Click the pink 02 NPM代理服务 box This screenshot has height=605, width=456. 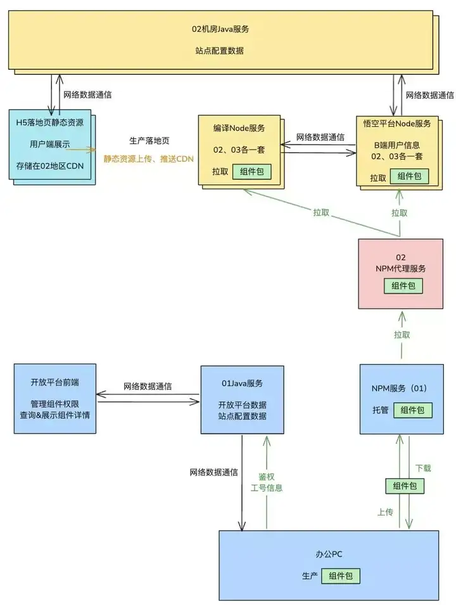[400, 273]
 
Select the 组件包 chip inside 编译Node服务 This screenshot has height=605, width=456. [251, 171]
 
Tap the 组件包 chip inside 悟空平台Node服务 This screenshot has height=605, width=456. [409, 176]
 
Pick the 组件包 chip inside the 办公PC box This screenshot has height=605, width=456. [341, 576]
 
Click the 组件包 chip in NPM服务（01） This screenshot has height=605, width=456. [412, 410]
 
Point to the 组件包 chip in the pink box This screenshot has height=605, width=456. [403, 286]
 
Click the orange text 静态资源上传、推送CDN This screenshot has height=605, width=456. [148, 159]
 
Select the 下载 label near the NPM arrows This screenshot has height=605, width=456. [423, 468]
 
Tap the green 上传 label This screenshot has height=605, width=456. [385, 512]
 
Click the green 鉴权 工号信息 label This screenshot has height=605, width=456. [267, 483]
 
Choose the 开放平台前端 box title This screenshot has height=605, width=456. [54, 382]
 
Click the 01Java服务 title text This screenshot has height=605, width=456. [242, 383]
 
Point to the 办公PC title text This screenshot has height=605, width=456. [329, 554]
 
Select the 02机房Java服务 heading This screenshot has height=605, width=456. [220, 29]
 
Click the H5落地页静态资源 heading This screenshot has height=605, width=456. [50, 122]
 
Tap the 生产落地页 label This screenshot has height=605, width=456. [149, 141]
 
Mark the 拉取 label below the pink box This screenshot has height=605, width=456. [402, 334]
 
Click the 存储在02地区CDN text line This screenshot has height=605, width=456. [50, 166]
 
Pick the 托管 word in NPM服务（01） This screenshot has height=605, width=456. [381, 410]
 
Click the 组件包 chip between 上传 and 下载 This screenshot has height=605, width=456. [405, 486]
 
